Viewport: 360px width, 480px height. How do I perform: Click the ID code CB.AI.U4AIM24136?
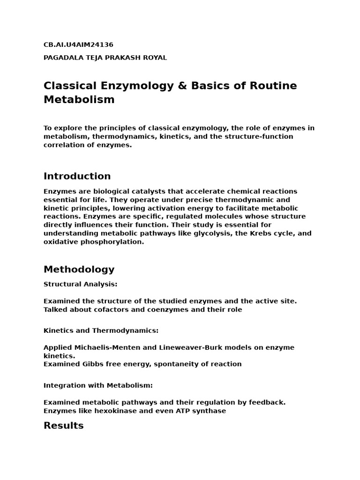[x=78, y=45]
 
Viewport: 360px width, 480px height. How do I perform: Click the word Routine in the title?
[x=274, y=86]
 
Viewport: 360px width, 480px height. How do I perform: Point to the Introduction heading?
[x=77, y=176]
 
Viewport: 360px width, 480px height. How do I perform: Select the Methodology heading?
[x=79, y=270]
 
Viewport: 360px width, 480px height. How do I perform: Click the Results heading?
[x=63, y=426]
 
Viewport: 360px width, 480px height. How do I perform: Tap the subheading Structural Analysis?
[x=80, y=284]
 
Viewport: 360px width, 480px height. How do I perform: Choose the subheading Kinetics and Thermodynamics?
[x=101, y=330]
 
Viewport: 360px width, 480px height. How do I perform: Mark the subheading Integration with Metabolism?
[x=98, y=385]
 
